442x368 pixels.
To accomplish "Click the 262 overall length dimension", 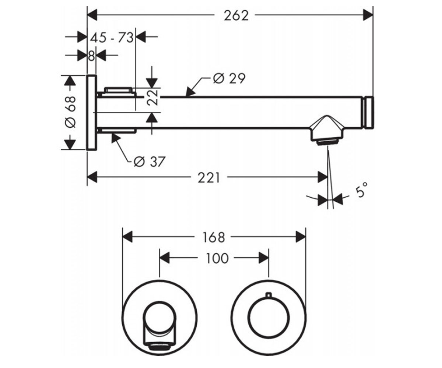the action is click(x=236, y=16).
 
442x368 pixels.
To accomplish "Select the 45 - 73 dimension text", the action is click(x=112, y=38).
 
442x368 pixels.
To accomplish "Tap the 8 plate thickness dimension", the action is click(x=91, y=56).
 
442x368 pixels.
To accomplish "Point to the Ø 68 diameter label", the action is click(x=70, y=112).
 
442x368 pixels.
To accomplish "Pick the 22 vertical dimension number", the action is click(x=153, y=98).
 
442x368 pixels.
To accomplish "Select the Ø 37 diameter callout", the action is click(x=150, y=162).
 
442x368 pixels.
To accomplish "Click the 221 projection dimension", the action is click(x=209, y=178).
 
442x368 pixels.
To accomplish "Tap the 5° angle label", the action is click(x=361, y=190).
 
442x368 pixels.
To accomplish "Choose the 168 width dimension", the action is click(x=214, y=237).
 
